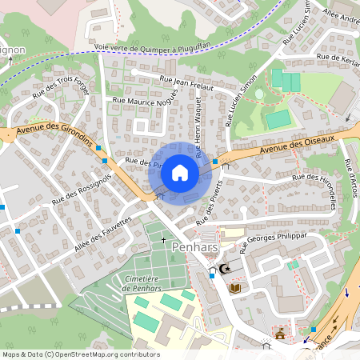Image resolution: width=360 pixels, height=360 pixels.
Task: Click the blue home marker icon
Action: (x=180, y=173)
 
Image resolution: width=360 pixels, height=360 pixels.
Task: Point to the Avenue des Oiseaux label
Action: (x=298, y=145)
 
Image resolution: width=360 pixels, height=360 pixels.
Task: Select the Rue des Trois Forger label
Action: (x=62, y=91)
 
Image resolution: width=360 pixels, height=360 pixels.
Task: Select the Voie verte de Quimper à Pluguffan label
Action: (x=152, y=47)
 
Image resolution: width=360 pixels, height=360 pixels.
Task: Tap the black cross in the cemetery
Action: (x=163, y=239)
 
